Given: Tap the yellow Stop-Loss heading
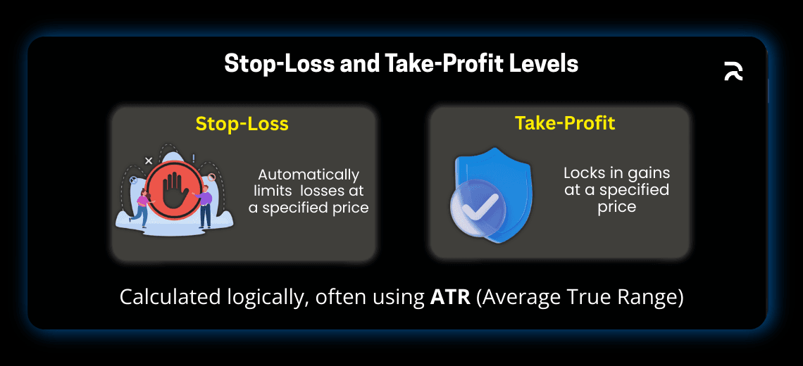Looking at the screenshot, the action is pos(242,124).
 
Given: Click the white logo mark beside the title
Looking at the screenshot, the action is pos(733,71).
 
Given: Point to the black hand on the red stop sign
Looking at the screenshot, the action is pos(173,189).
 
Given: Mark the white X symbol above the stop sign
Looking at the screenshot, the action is pos(149,160).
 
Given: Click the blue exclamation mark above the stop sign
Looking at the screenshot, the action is pos(194,158).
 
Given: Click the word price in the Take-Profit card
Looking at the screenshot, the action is pos(617,207).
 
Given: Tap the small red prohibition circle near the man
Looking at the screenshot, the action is pos(211,177).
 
